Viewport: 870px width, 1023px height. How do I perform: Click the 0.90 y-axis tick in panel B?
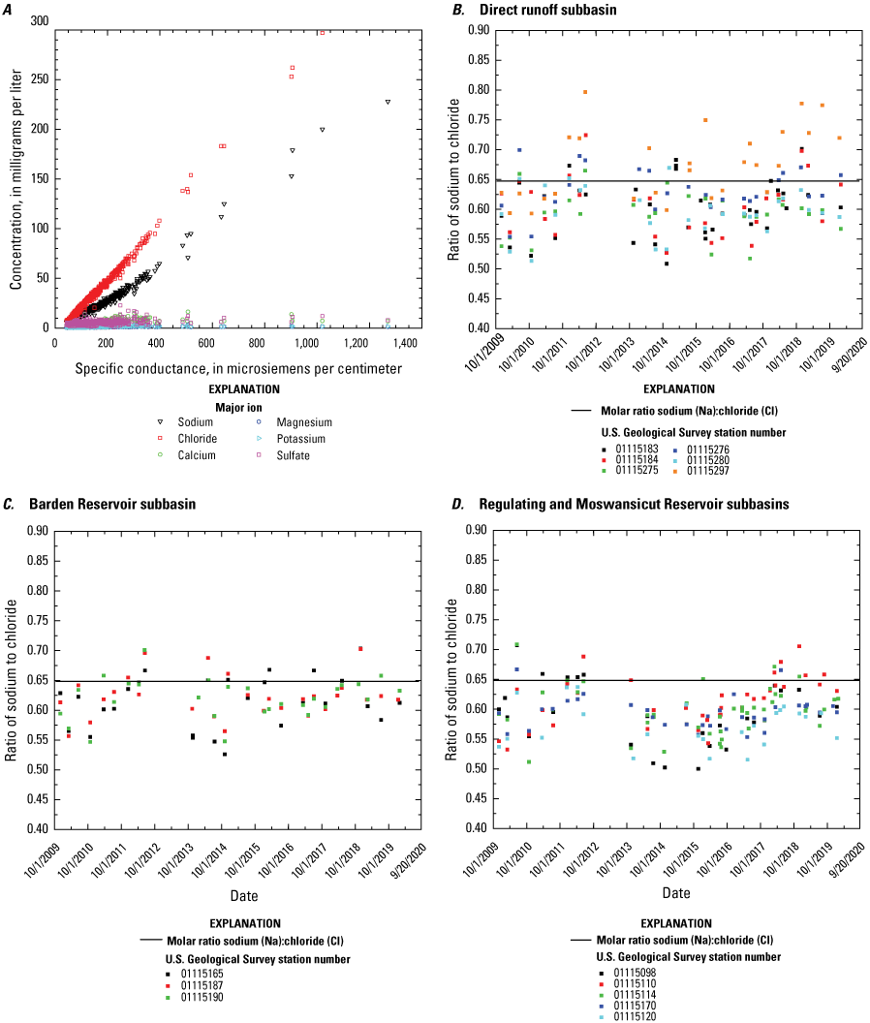coord(477,30)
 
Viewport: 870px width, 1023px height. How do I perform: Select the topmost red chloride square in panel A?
coord(322,31)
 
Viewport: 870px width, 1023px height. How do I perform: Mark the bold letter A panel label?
coord(9,9)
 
